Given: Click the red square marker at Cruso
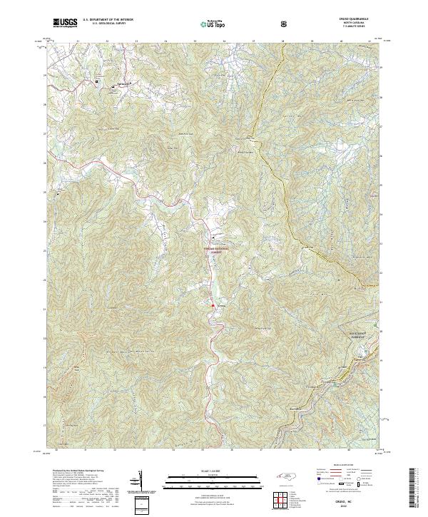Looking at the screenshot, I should coord(213,307).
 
